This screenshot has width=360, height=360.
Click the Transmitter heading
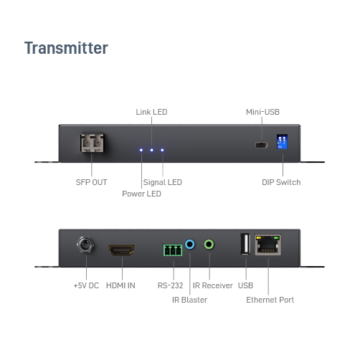(x=66, y=48)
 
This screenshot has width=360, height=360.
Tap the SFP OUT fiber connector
(x=92, y=143)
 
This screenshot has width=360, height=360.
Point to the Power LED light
(x=141, y=150)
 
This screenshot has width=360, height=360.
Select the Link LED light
(x=152, y=150)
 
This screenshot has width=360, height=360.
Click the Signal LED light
(x=162, y=150)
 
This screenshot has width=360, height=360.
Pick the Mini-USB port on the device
(x=262, y=145)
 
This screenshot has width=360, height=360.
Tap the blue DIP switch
(x=282, y=141)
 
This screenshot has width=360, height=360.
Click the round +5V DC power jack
(x=85, y=245)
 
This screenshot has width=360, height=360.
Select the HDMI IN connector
(x=122, y=250)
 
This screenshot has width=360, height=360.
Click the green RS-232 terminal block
(x=173, y=250)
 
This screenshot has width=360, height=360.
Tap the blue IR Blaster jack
(x=190, y=245)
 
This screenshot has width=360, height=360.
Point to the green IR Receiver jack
(x=209, y=245)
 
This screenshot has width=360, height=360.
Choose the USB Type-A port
(x=245, y=244)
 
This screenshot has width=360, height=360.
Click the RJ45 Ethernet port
(x=268, y=245)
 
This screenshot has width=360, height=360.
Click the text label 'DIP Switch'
(x=281, y=182)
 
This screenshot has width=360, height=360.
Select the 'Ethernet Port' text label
(x=270, y=300)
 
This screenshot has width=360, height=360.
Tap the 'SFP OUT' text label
(x=91, y=182)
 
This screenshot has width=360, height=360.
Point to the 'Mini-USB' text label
(x=262, y=112)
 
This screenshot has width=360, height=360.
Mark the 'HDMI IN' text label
(x=120, y=285)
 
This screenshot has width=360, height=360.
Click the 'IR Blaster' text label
(x=189, y=300)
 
